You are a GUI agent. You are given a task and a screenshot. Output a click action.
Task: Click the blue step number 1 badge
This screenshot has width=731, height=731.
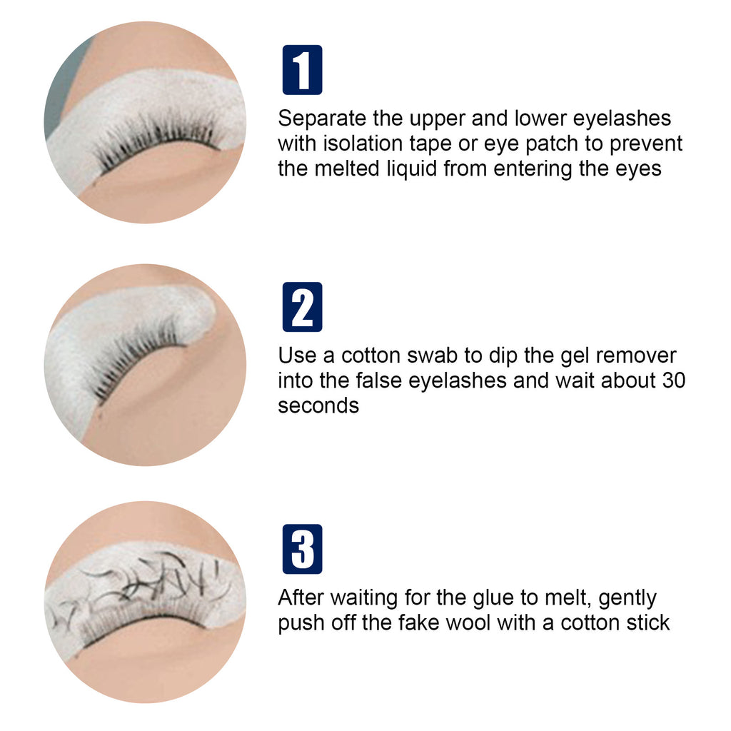coord(302,70)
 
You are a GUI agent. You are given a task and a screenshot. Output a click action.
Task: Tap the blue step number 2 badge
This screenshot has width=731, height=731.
coord(302,307)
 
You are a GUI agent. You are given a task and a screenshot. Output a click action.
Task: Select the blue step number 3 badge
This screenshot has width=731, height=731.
coord(302,549)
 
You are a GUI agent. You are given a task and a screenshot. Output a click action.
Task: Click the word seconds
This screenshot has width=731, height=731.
coord(318,405)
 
